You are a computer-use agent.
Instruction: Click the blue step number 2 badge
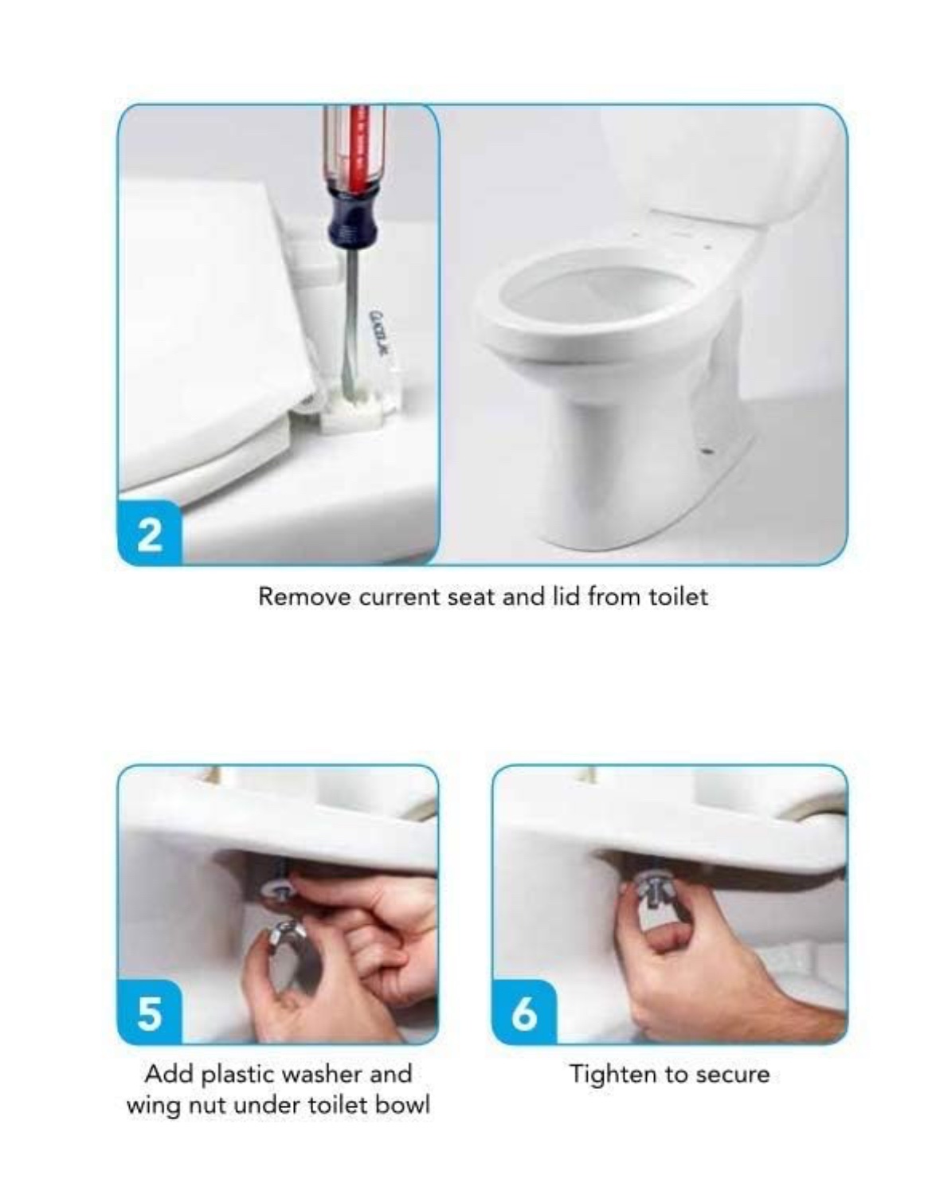pos(150,535)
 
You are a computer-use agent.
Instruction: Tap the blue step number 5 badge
pos(150,1013)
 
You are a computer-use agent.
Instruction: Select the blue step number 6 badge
pos(524,1013)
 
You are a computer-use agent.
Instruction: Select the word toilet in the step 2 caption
pos(677,597)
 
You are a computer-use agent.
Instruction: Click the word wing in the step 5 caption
pos(152,1106)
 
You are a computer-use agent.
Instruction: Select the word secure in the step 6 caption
pos(733,1074)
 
